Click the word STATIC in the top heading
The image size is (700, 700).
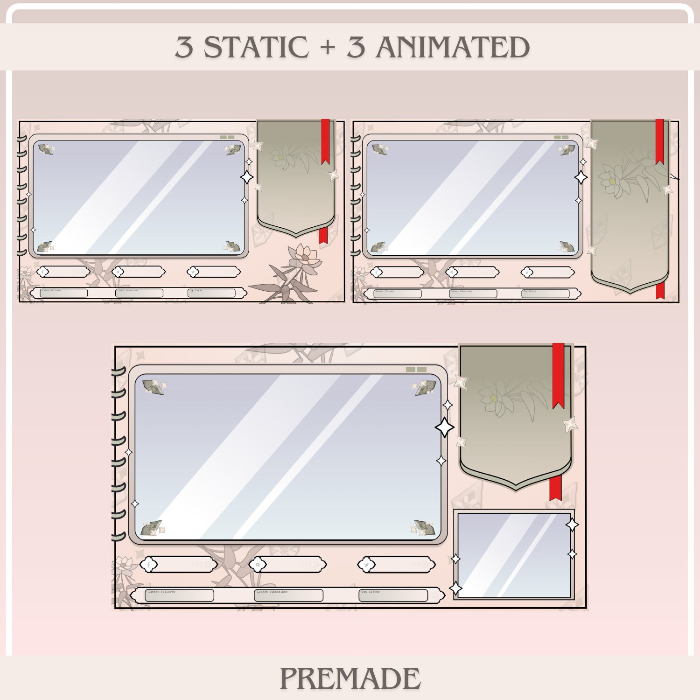click(256, 47)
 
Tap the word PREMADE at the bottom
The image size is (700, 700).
click(350, 679)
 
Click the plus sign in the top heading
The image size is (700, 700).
click(328, 48)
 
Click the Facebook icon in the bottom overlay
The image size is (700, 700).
click(149, 565)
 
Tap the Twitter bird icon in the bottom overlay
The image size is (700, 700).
click(367, 565)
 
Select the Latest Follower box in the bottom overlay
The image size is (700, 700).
click(179, 595)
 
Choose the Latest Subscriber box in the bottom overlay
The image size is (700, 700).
click(289, 595)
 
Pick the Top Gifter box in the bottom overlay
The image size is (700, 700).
click(393, 595)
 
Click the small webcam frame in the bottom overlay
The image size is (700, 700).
click(514, 555)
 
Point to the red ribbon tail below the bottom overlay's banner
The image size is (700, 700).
click(555, 488)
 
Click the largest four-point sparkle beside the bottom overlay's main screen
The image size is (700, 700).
click(444, 427)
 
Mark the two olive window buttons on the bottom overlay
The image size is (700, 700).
click(416, 370)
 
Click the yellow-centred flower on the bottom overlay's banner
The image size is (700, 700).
click(493, 398)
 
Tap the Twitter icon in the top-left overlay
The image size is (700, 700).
click(192, 272)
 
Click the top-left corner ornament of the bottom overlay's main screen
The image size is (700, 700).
click(153, 386)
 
